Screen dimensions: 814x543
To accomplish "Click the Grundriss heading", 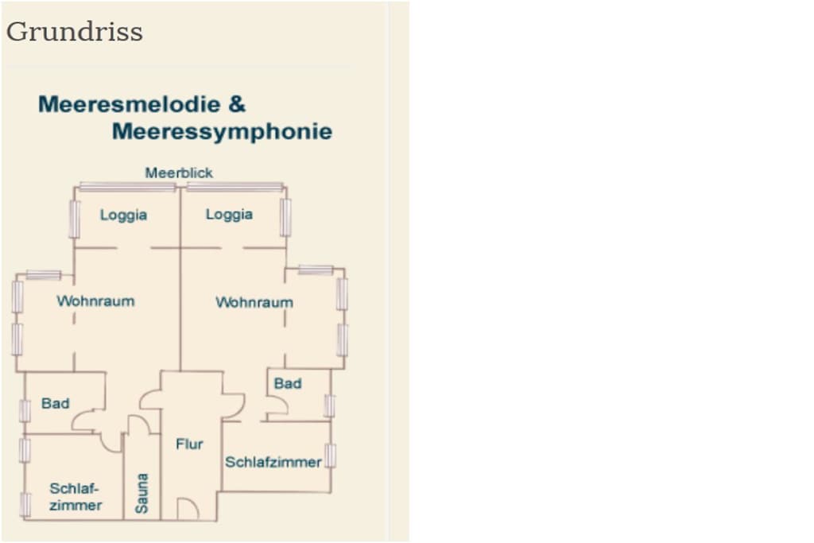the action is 74,32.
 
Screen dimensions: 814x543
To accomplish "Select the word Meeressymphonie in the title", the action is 223,132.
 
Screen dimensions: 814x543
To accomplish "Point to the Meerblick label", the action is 179,173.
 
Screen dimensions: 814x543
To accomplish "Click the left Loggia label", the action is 123,215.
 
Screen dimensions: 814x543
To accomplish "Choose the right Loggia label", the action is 230,215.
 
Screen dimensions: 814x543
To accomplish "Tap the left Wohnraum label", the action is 95,301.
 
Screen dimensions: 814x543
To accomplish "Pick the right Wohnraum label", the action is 254,302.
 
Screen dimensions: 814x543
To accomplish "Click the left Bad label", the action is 56,403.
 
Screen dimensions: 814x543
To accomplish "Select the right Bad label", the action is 288,384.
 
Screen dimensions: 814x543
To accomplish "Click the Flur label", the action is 189,444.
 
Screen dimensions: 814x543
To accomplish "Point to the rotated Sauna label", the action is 141,493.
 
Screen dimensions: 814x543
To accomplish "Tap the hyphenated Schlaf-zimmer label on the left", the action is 76,497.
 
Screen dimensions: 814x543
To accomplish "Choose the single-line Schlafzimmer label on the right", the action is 273,462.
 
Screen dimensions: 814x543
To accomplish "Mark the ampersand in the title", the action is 237,104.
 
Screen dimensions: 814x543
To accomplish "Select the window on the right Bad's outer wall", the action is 329,406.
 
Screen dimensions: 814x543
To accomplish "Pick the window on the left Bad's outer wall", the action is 25,411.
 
